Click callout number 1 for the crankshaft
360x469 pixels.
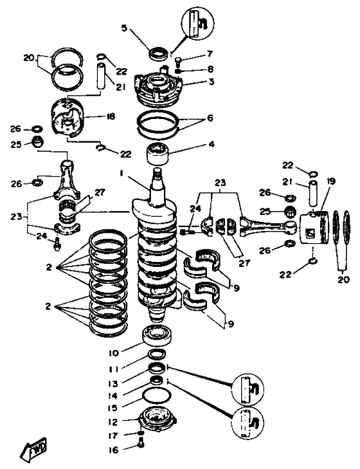(x=122, y=173)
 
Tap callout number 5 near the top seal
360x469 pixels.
(x=124, y=28)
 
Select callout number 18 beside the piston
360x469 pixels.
(x=111, y=116)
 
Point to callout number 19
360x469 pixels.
(x=330, y=181)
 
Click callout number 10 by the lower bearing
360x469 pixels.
(x=114, y=353)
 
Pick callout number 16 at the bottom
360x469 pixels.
(x=114, y=450)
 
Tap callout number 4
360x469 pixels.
(x=212, y=144)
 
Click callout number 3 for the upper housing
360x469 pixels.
(x=212, y=81)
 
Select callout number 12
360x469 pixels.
(x=114, y=422)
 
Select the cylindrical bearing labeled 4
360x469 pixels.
(x=158, y=154)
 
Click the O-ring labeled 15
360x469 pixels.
(x=157, y=396)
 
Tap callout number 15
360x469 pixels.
(x=114, y=408)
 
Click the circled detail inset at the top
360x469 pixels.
(x=198, y=23)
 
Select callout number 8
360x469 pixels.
(x=210, y=69)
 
